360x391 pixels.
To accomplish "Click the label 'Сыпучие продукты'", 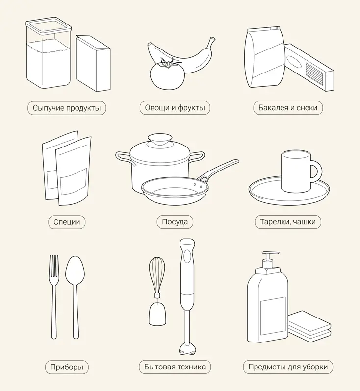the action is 67,108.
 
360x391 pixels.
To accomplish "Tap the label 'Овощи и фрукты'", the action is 175,108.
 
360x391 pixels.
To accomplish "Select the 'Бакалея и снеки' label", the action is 288,108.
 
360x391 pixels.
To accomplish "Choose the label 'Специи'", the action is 67,222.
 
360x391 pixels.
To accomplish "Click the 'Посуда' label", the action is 175,222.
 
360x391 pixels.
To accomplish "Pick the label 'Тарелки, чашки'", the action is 288,222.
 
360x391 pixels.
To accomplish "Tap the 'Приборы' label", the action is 67,367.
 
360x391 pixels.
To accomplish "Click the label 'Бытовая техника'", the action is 175,367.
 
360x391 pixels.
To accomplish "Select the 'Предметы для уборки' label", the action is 288,367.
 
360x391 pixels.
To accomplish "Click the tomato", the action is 167,75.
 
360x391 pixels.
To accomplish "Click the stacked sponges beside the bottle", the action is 309,326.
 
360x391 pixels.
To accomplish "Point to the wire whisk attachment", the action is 157,275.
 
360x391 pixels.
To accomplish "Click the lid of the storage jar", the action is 48,25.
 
